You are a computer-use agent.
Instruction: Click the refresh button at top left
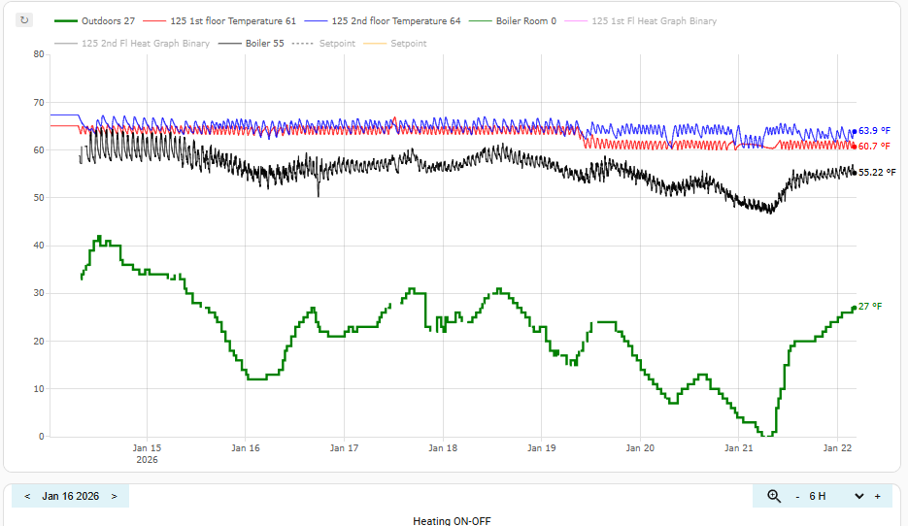25,19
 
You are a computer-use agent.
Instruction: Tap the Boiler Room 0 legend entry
520,20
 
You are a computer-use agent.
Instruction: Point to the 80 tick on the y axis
39,54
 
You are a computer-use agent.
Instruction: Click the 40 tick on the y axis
39,246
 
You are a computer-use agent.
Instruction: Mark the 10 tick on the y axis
39,389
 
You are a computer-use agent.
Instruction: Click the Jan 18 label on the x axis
443,448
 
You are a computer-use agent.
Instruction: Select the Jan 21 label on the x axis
739,448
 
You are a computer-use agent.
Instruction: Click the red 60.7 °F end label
874,147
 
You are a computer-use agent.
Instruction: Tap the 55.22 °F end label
877,172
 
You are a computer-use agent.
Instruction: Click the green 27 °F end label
870,307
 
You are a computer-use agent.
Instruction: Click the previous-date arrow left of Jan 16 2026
27,496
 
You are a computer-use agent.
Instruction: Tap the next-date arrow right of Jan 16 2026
114,496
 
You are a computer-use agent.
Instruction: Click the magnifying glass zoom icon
774,496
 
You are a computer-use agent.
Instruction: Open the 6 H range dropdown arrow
858,496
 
